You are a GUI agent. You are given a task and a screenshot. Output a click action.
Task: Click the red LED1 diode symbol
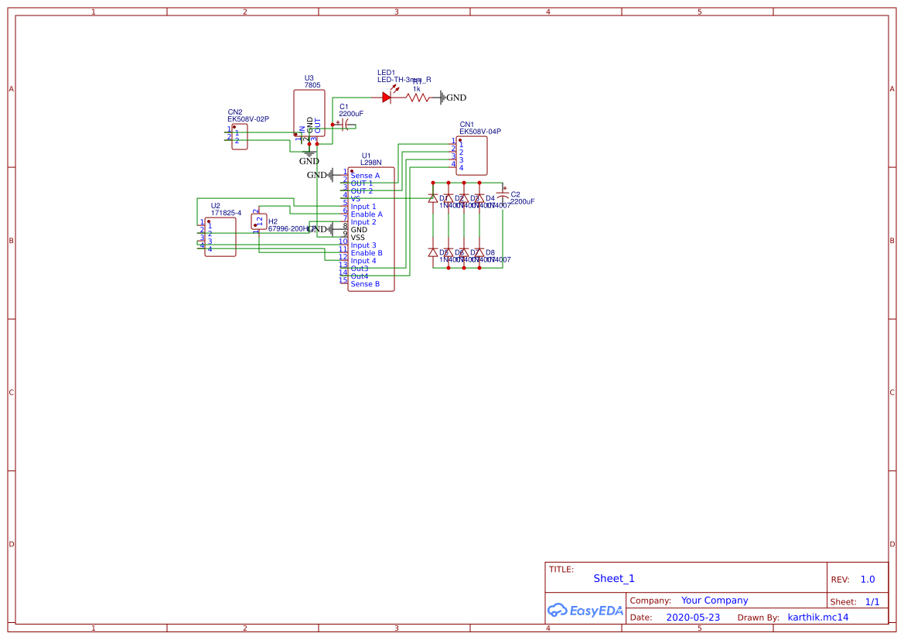click(x=387, y=98)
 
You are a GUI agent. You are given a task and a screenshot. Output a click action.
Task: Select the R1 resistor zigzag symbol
click(x=417, y=98)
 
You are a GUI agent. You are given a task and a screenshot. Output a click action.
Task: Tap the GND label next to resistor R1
click(x=455, y=98)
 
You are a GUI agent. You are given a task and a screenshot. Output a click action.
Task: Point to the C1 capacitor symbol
click(x=343, y=124)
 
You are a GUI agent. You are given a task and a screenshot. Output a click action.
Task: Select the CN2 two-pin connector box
click(x=239, y=137)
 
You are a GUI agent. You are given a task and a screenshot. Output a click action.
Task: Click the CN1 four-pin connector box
click(x=471, y=156)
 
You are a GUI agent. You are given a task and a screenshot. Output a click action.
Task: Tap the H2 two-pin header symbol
click(x=259, y=222)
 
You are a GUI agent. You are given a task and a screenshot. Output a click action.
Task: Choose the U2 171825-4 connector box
click(x=220, y=237)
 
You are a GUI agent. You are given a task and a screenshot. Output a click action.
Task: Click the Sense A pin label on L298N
click(x=365, y=176)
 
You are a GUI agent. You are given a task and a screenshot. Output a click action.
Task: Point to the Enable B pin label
click(x=367, y=253)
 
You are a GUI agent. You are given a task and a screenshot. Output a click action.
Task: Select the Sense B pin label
click(x=365, y=284)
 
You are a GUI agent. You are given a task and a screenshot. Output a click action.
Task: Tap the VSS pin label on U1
click(x=358, y=238)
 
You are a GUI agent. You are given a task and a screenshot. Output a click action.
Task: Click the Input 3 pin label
click(x=363, y=245)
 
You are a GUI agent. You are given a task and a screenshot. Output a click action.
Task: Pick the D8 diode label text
click(x=490, y=252)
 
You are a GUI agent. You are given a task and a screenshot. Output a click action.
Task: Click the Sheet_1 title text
click(x=614, y=578)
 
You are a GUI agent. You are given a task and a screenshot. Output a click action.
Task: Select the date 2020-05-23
click(x=693, y=618)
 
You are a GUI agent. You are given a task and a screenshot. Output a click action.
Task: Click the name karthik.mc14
click(x=817, y=618)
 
